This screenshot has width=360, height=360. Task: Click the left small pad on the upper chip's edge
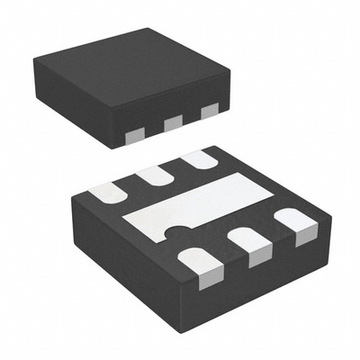pos(133,135)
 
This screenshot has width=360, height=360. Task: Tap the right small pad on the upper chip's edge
pos(210,111)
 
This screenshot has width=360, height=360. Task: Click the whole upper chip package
pos(135,85)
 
